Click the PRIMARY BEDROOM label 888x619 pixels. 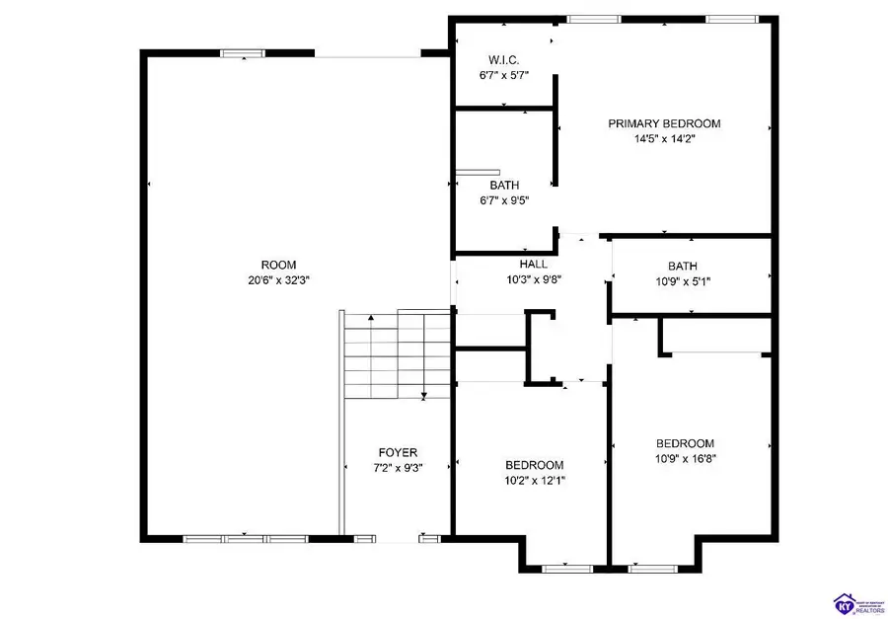click(663, 123)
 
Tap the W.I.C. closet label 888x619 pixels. click(503, 59)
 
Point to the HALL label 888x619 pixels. click(533, 265)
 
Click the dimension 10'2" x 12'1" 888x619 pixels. click(534, 481)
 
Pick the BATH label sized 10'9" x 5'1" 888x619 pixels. click(682, 266)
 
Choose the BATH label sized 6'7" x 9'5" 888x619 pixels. click(504, 185)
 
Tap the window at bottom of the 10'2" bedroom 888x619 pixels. click(567, 569)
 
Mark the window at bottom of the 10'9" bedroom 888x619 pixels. click(651, 569)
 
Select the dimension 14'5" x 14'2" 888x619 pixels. click(663, 139)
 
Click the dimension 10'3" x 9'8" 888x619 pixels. click(533, 280)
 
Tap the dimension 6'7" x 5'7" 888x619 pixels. click(503, 75)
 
